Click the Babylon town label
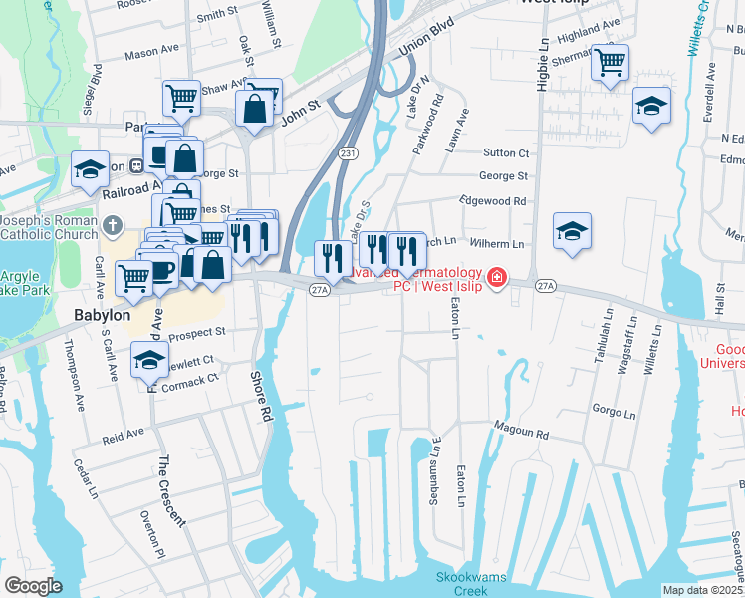tap(103, 315)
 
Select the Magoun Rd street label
tap(522, 435)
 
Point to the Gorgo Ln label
tap(613, 411)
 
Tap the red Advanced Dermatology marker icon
tap(495, 276)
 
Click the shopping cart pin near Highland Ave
tap(610, 63)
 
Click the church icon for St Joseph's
tap(113, 225)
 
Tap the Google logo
tap(33, 586)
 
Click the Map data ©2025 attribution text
tap(702, 590)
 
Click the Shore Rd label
tap(262, 395)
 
